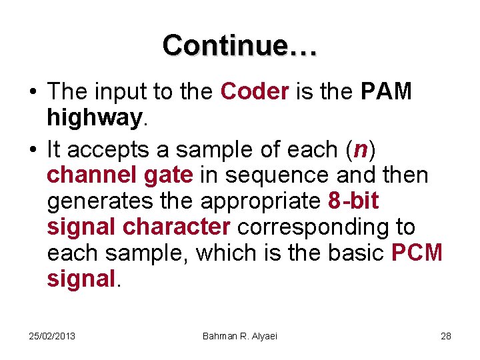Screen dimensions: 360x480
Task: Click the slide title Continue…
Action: point(240,45)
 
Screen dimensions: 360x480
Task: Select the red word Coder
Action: point(254,92)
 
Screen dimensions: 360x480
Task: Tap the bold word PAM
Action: point(386,92)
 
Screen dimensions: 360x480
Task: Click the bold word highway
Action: point(94,118)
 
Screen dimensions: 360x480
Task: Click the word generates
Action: point(102,201)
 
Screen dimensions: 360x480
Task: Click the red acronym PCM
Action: point(417,253)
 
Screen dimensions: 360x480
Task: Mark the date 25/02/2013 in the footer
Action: point(52,335)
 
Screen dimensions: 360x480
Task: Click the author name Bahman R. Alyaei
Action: point(239,335)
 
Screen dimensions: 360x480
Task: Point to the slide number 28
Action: point(446,335)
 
